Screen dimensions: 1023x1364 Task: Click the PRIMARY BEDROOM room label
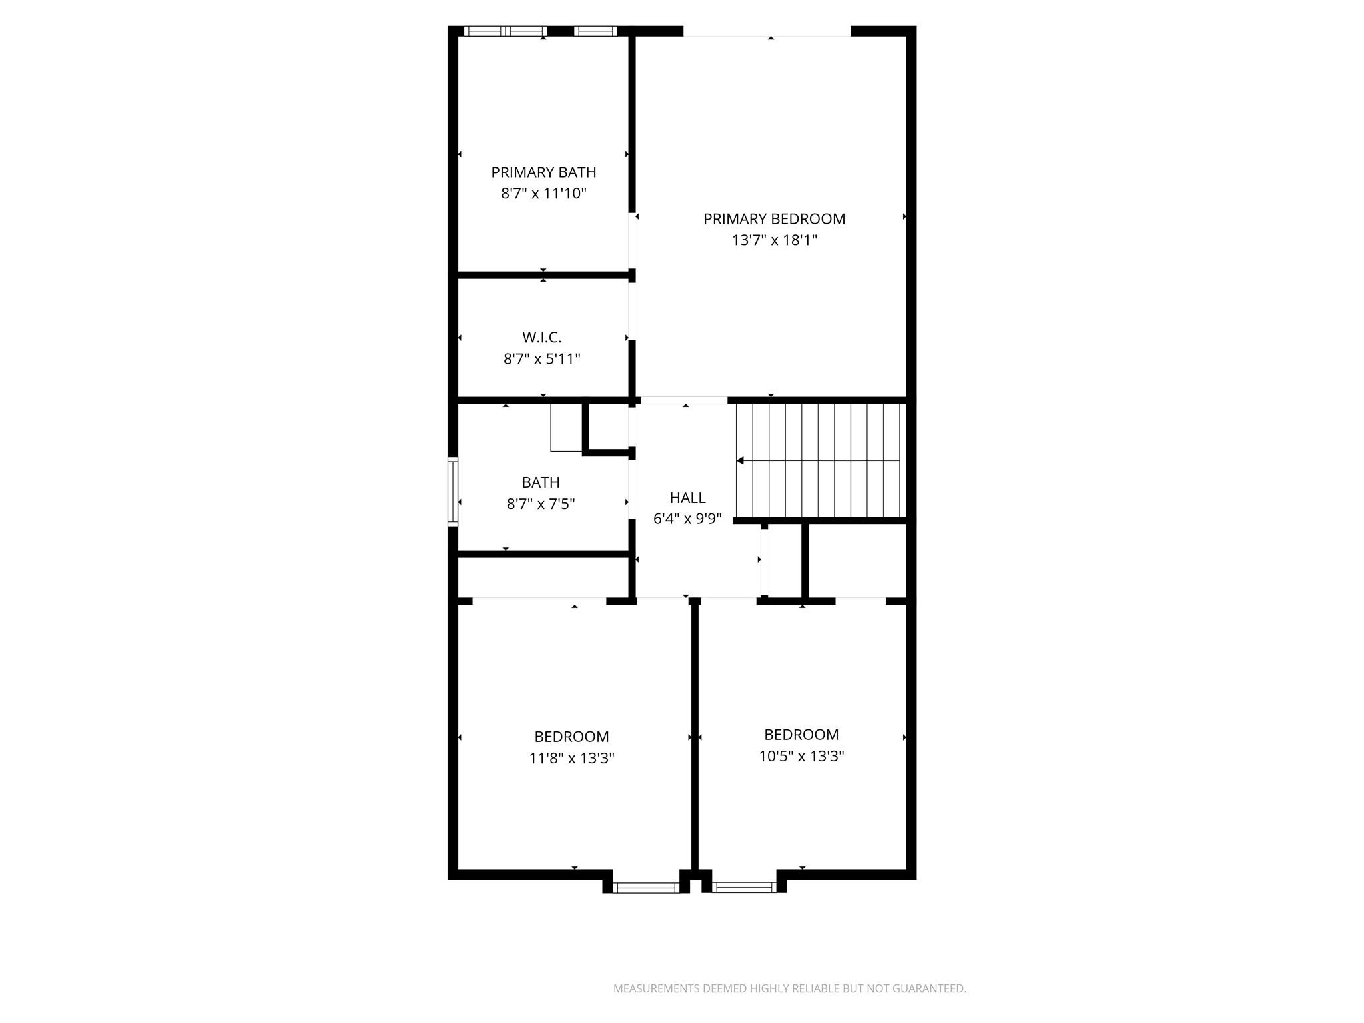(x=774, y=219)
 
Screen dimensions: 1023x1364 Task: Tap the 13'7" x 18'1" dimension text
(x=774, y=240)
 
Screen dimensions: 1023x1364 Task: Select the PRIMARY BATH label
(x=543, y=172)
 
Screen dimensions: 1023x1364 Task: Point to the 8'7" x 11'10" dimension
(x=543, y=194)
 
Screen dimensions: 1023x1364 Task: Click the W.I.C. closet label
(x=541, y=338)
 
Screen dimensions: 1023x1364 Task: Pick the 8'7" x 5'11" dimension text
(x=541, y=359)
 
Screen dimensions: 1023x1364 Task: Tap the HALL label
(x=687, y=498)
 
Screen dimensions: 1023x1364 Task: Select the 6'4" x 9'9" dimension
(x=687, y=519)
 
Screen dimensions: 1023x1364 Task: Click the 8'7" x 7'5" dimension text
(x=541, y=504)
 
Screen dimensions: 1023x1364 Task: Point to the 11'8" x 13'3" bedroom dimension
(x=571, y=758)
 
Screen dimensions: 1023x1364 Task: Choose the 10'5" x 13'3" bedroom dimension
(x=801, y=756)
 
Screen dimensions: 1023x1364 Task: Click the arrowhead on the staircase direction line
(x=740, y=460)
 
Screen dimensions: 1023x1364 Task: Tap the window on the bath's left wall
(x=453, y=491)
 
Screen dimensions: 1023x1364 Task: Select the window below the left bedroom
(x=645, y=887)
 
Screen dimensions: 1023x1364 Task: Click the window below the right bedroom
(x=743, y=887)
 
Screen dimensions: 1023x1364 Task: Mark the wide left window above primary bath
(x=505, y=31)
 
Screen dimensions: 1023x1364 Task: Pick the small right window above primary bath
(x=595, y=31)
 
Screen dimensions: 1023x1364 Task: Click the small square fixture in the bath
(x=566, y=428)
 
